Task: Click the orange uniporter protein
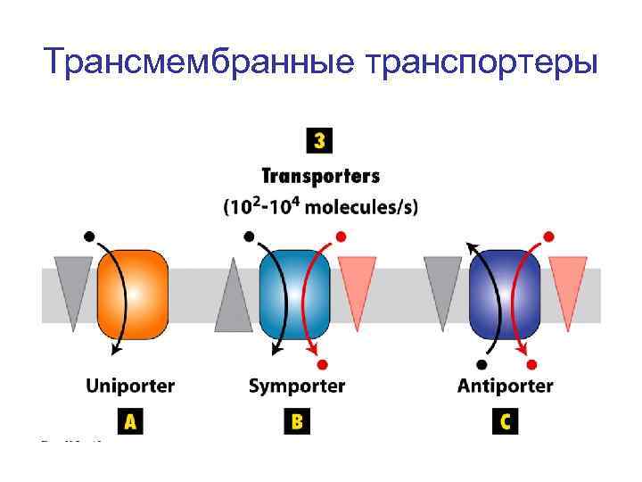(133, 294)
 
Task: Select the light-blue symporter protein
(294, 294)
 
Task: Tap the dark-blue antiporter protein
(506, 294)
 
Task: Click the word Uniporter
(130, 386)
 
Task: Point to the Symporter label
(296, 386)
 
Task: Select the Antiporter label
(505, 386)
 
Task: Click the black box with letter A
(130, 421)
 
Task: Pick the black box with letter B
(297, 421)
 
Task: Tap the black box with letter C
(505, 421)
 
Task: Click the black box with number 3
(318, 141)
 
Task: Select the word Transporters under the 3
(320, 176)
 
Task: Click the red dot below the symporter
(323, 364)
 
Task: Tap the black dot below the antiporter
(482, 364)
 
